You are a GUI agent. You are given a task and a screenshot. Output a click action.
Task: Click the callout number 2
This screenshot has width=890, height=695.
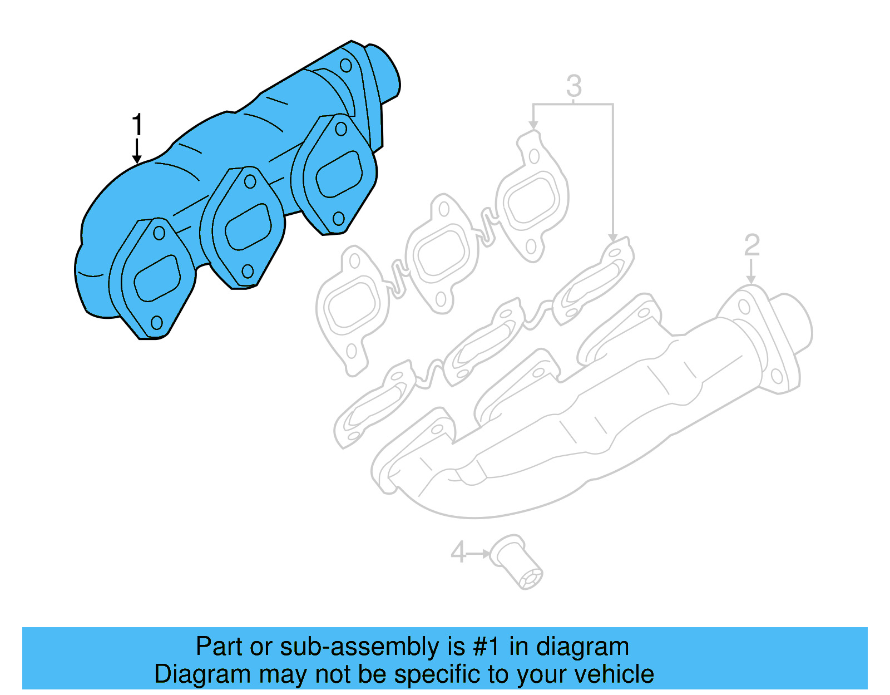pyautogui.click(x=751, y=245)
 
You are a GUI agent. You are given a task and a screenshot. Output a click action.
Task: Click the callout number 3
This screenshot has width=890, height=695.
pyautogui.click(x=573, y=86)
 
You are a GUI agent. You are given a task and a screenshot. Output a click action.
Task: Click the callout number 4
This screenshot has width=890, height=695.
pyautogui.click(x=458, y=553)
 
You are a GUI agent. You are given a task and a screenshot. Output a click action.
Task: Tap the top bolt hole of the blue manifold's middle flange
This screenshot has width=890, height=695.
pyautogui.click(x=250, y=181)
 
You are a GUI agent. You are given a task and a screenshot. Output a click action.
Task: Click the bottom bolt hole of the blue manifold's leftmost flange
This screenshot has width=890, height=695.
pyautogui.click(x=157, y=322)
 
